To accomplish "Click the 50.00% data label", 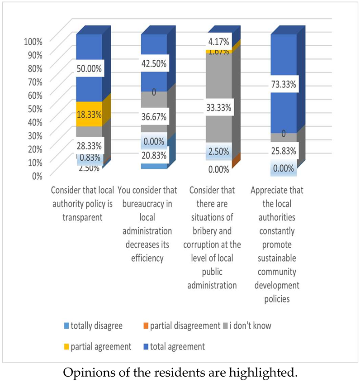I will [x=90, y=70].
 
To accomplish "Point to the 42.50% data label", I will [x=154, y=64].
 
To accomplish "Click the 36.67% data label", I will [x=154, y=117].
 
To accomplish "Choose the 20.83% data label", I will [x=154, y=156].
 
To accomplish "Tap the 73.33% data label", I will [x=284, y=84].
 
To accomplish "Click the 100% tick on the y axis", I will [x=33, y=42].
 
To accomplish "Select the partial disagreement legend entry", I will [x=184, y=325].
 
